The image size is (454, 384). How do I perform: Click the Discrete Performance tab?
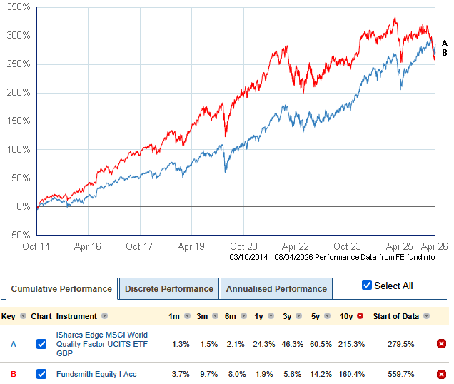pyautogui.click(x=168, y=289)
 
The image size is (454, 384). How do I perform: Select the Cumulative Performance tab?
pyautogui.click(x=61, y=289)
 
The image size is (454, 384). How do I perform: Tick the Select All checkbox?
pyautogui.click(x=367, y=286)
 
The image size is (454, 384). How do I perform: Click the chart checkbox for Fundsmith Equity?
pyautogui.click(x=41, y=374)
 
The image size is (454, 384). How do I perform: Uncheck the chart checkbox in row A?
pyautogui.click(x=41, y=344)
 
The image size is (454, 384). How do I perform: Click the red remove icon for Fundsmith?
pyautogui.click(x=441, y=374)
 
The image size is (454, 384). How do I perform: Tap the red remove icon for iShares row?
pyautogui.click(x=441, y=344)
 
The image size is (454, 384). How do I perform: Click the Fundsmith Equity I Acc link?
pyautogui.click(x=97, y=374)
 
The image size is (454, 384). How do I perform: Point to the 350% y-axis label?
pyautogui.click(x=19, y=6)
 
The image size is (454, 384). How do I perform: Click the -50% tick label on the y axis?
pyautogui.click(x=19, y=235)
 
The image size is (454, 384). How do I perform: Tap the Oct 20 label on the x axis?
pyautogui.click(x=243, y=246)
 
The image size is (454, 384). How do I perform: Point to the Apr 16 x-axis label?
pyautogui.click(x=86, y=246)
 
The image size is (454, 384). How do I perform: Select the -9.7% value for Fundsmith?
pyautogui.click(x=204, y=374)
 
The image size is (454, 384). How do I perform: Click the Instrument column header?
pyautogui.click(x=78, y=315)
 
